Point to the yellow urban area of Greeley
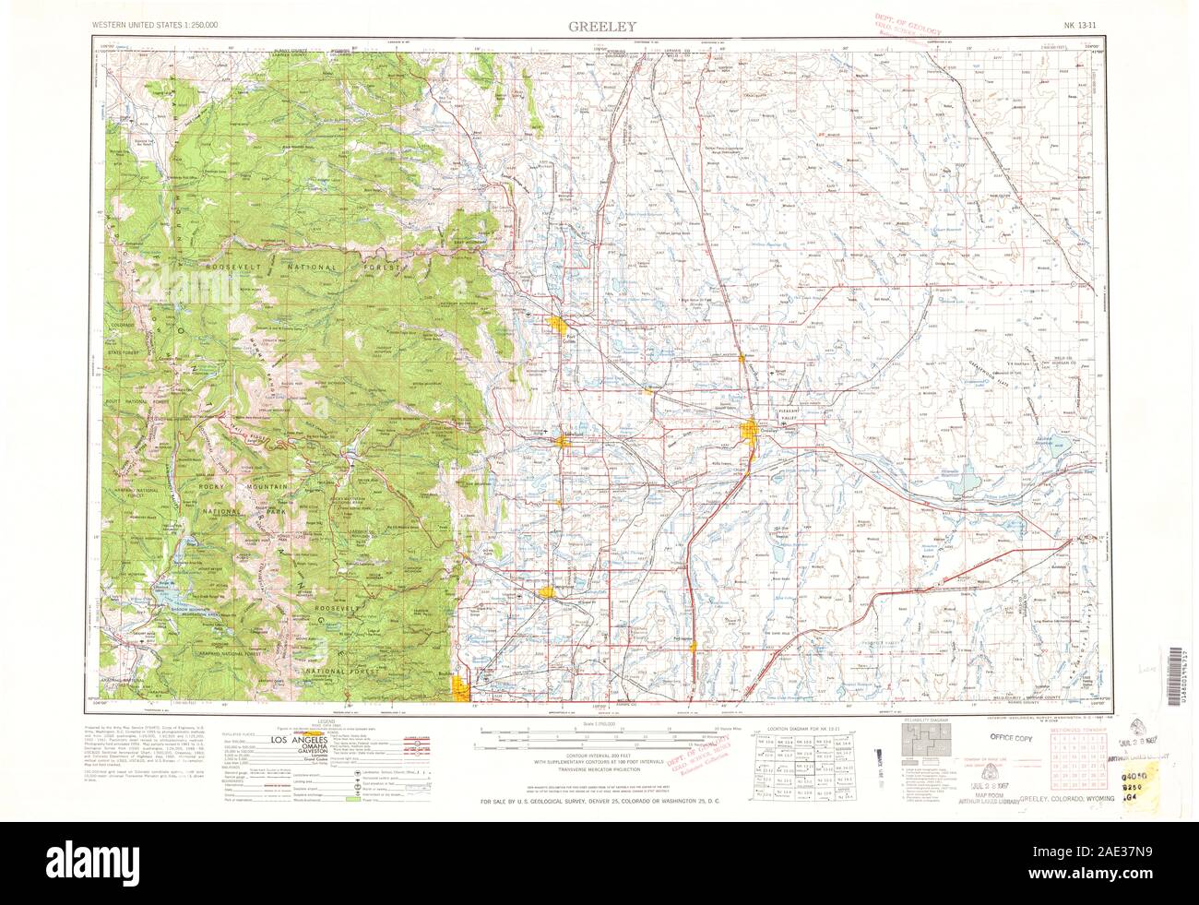tap(752, 431)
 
